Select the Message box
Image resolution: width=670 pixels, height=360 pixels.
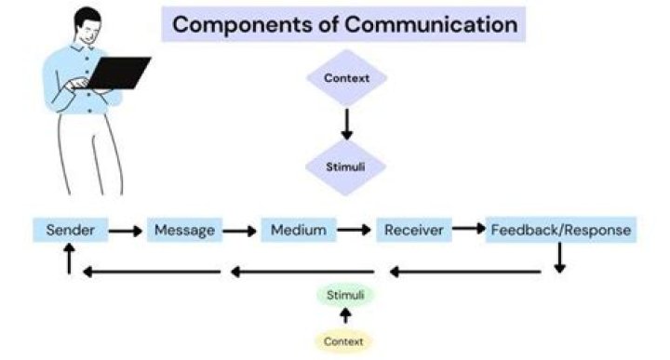pyautogui.click(x=184, y=230)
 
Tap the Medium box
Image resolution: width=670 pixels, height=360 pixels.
pyautogui.click(x=298, y=230)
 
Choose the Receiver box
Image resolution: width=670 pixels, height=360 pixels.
pyautogui.click(x=413, y=230)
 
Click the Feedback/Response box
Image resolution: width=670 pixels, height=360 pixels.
pyautogui.click(x=560, y=230)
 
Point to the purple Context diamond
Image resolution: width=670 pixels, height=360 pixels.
pyautogui.click(x=346, y=78)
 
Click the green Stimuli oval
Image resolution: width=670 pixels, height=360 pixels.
pyautogui.click(x=345, y=296)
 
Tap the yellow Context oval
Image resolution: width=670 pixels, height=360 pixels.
pyautogui.click(x=343, y=341)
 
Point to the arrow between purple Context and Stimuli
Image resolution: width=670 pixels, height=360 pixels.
pyautogui.click(x=346, y=124)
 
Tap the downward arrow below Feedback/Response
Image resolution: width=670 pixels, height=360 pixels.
pyautogui.click(x=559, y=258)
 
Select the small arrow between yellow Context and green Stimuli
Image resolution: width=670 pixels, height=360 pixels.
pyautogui.click(x=345, y=317)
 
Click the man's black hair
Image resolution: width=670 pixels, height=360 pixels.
pyautogui.click(x=85, y=19)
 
